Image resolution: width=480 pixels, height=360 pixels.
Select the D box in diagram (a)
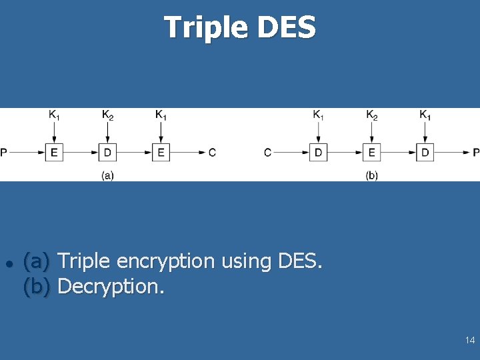107,153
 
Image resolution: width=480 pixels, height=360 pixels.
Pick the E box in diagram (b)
372,153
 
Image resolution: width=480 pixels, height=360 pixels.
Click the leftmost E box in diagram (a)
54,153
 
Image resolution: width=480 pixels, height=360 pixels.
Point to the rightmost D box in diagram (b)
425,153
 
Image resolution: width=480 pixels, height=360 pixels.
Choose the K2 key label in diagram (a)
107,115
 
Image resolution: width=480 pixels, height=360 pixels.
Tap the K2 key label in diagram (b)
372,115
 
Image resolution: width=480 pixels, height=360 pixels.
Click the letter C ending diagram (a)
212,153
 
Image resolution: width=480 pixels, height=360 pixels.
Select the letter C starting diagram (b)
267,153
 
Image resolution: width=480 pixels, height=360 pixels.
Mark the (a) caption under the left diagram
107,175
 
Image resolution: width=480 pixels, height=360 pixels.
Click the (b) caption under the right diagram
372,175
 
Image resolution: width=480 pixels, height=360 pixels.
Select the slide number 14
470,341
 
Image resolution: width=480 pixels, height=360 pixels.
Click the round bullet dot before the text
8,262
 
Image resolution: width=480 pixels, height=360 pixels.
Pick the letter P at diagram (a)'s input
4,153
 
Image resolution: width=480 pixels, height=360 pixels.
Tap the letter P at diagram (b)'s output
476,153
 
